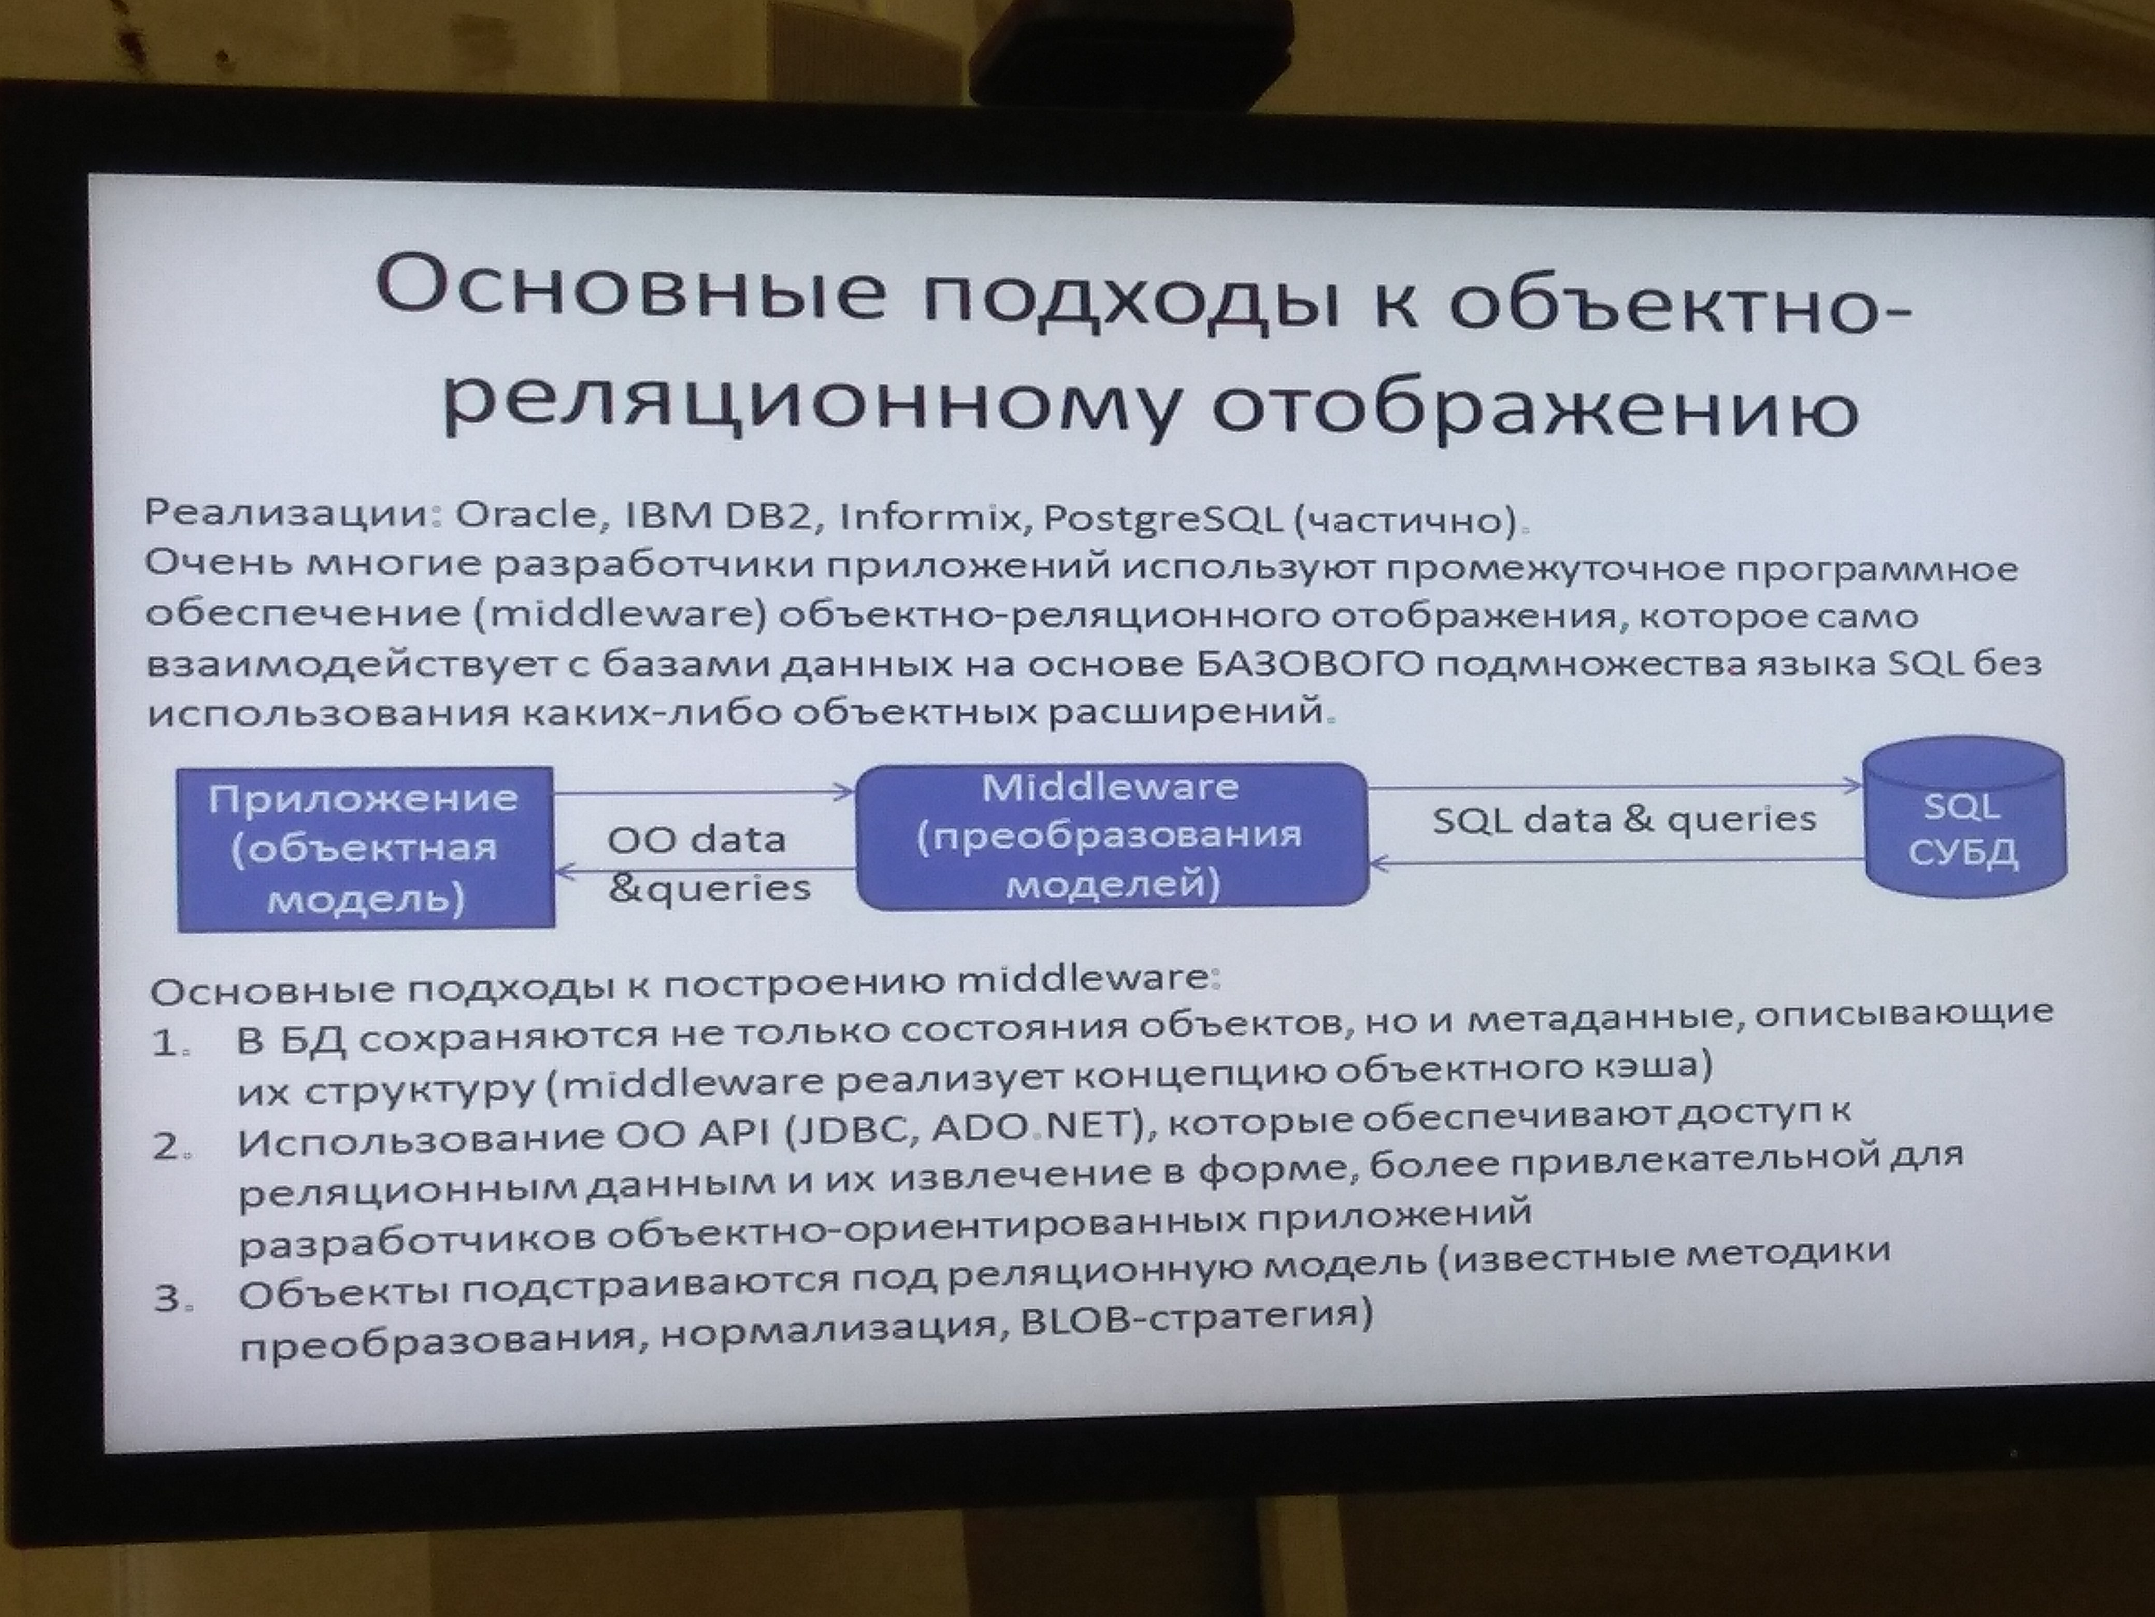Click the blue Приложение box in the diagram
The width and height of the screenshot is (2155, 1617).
coord(365,848)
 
